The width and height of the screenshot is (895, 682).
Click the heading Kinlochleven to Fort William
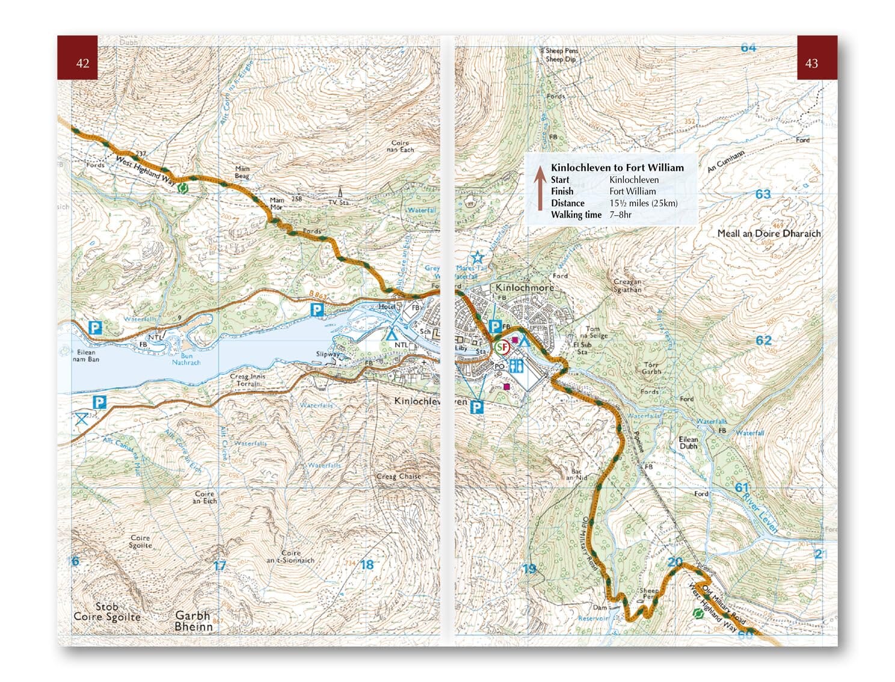tap(617, 168)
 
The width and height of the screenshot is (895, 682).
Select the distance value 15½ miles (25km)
tap(643, 203)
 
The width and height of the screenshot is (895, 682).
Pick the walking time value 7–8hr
tap(620, 215)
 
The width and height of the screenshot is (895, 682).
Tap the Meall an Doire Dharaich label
tap(768, 233)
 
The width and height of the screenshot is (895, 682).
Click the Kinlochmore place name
tap(524, 288)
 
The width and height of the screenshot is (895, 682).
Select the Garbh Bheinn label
tap(193, 621)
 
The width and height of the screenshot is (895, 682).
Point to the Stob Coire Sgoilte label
tap(106, 612)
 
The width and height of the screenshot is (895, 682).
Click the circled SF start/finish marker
tap(502, 347)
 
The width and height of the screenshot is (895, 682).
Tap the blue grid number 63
tap(763, 194)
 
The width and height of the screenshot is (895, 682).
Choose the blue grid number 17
tap(220, 565)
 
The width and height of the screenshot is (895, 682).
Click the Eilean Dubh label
tap(688, 443)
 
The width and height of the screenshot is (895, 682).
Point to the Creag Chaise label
tap(398, 476)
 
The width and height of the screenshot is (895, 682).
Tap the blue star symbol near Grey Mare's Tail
tap(478, 258)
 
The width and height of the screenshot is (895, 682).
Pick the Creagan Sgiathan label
tap(627, 285)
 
